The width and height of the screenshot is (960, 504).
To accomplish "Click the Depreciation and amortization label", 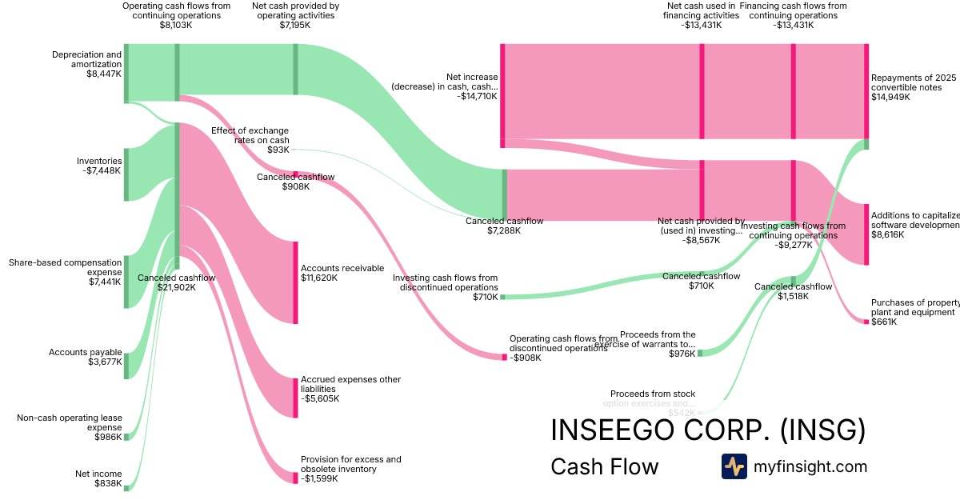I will [x=87, y=64].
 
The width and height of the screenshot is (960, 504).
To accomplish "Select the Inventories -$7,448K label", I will [x=99, y=166].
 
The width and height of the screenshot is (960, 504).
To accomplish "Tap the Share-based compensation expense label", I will [x=65, y=272].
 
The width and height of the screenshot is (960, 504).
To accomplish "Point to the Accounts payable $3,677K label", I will [x=86, y=357].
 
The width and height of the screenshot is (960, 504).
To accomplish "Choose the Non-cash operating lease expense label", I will [x=70, y=427].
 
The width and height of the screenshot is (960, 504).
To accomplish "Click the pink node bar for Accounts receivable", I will [x=295, y=282].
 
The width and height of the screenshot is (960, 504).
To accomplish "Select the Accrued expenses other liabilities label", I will [x=350, y=389].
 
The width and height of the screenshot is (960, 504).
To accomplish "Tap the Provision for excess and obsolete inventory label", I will [x=350, y=469].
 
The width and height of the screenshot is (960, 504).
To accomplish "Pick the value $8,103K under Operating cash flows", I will [x=177, y=26].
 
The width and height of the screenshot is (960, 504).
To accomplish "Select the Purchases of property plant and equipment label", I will [x=914, y=312].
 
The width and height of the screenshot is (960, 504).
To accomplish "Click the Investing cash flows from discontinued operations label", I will [x=445, y=287].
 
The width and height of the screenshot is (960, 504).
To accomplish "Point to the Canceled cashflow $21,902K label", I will [x=177, y=282].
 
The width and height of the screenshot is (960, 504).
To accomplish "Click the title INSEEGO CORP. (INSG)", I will [x=708, y=430].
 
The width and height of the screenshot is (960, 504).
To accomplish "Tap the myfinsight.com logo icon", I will [x=734, y=466].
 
